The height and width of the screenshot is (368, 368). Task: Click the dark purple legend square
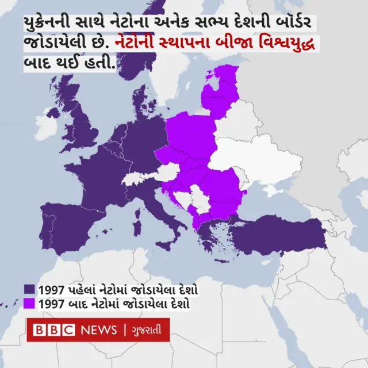pos(30,289)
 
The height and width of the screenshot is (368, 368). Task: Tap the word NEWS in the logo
pos(98,330)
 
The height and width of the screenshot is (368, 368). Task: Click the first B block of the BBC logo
pos(40,330)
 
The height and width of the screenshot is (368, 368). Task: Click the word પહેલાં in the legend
pos(83,289)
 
